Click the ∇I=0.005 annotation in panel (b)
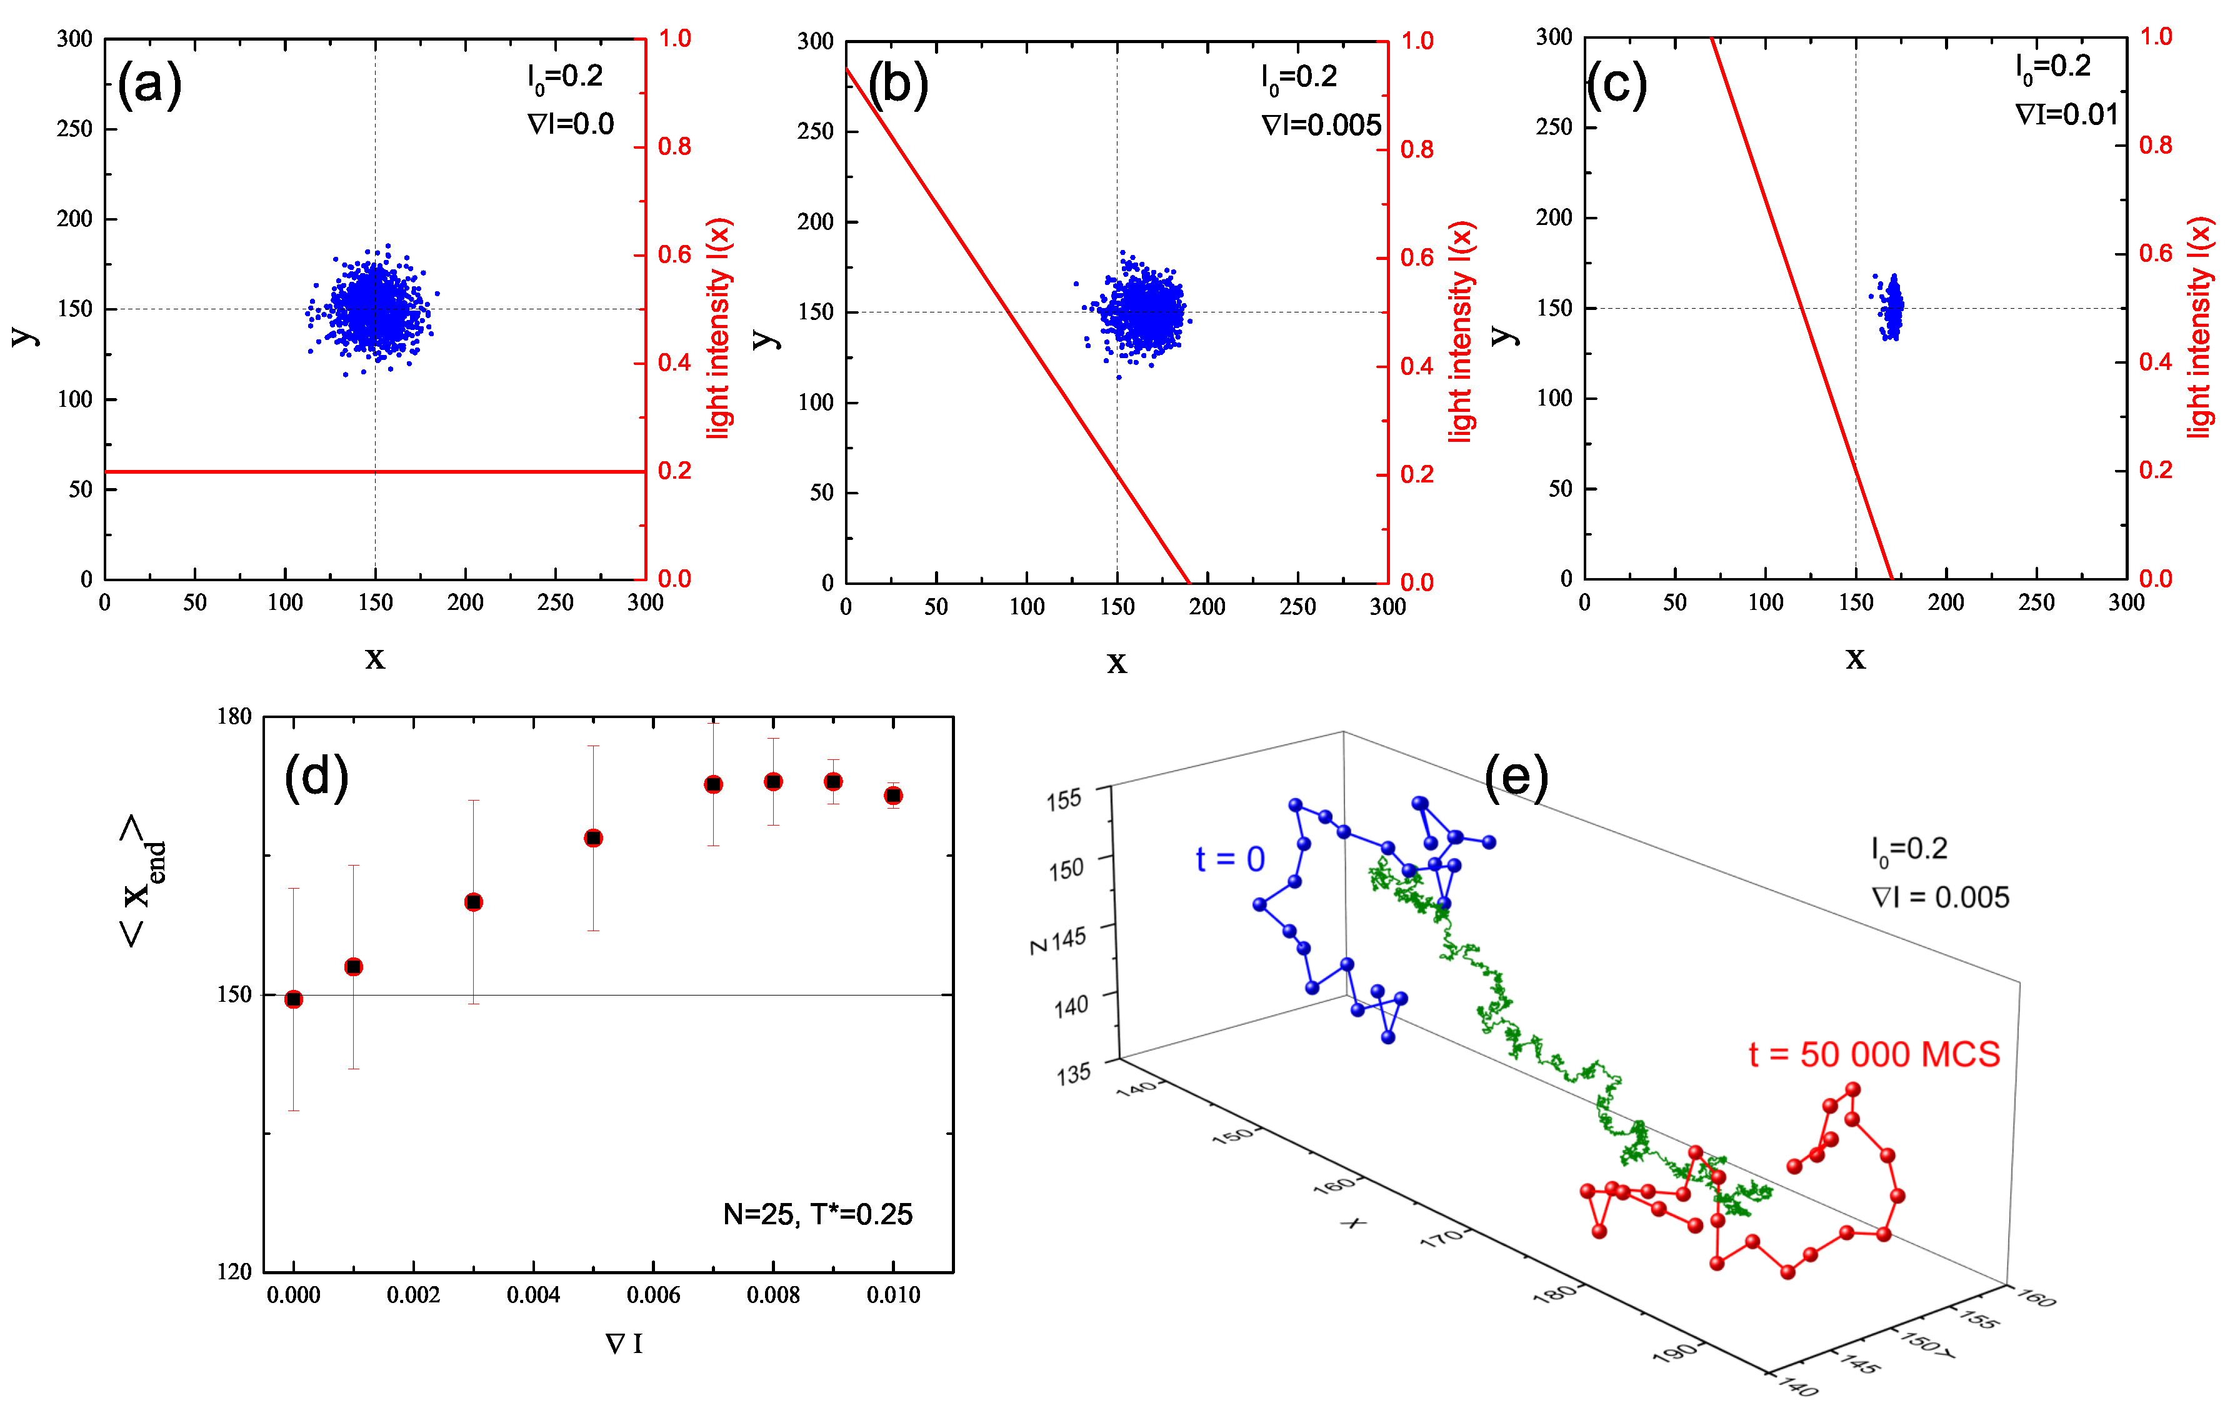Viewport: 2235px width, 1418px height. click(1321, 125)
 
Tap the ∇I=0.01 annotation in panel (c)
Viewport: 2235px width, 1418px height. click(2066, 115)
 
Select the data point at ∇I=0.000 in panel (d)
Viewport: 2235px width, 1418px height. click(293, 999)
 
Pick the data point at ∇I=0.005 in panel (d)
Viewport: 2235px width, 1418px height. click(593, 838)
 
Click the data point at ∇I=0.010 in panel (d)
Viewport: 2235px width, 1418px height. click(893, 796)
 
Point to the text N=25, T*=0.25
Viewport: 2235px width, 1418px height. click(817, 1214)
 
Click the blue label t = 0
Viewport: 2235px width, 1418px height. click(1230, 859)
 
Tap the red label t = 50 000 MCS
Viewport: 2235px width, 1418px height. click(1874, 1054)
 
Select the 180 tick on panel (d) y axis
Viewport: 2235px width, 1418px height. click(234, 716)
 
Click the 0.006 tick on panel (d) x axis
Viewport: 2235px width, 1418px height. click(653, 1295)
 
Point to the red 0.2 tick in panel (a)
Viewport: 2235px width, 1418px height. click(675, 471)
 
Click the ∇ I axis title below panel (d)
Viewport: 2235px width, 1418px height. click(624, 1343)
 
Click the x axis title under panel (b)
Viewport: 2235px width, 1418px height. click(1117, 662)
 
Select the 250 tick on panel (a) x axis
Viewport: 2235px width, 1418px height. click(555, 602)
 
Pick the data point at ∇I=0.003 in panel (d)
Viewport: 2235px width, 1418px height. click(473, 902)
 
